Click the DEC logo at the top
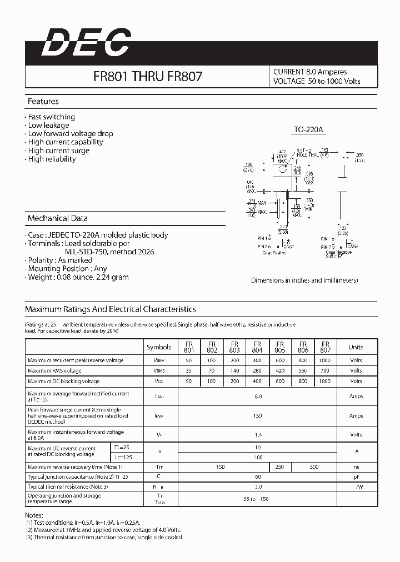point(87,43)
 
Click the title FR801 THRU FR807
point(147,77)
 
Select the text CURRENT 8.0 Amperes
point(310,72)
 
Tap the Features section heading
point(43,102)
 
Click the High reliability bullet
point(51,159)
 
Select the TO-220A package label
point(308,130)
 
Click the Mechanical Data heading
point(57,218)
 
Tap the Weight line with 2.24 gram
point(78,277)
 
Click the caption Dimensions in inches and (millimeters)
point(304,280)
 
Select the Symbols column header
point(159,347)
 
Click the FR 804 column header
point(257,347)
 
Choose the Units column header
point(356,347)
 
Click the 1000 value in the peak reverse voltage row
point(326,360)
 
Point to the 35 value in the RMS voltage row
point(189,370)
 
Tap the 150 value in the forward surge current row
point(257,415)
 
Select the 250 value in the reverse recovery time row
point(280,467)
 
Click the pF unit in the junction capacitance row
point(356,476)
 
